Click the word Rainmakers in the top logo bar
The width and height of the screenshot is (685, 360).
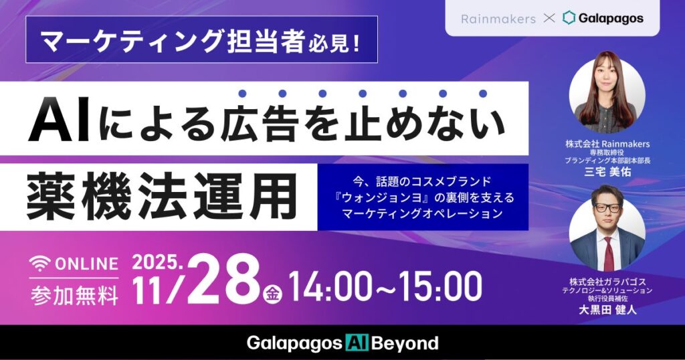tap(498, 19)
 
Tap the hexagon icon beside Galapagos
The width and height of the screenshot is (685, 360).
tap(569, 18)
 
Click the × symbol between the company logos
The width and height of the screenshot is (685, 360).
tap(549, 19)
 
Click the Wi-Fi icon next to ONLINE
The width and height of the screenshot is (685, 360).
tap(39, 263)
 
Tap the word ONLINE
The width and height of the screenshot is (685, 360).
tap(85, 264)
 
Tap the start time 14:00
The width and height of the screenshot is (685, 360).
tap(328, 286)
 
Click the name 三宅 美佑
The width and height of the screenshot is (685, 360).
tap(607, 172)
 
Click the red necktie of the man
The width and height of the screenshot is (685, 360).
tap(608, 251)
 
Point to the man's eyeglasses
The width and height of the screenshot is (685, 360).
tap(607, 207)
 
